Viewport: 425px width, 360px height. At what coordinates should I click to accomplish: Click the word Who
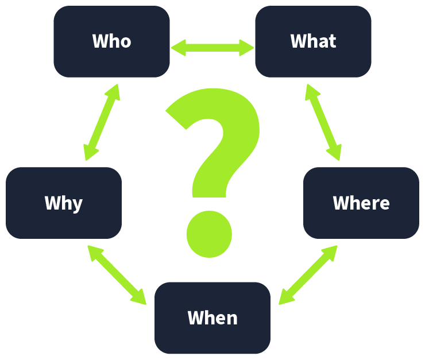coord(111,41)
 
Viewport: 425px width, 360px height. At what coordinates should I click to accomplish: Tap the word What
coord(313,41)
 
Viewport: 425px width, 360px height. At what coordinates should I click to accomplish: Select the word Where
coord(361,203)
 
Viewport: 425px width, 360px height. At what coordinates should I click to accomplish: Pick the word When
coord(212,318)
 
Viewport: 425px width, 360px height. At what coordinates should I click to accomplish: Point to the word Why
coord(64,203)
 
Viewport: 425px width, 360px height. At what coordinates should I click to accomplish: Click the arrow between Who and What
coord(212,48)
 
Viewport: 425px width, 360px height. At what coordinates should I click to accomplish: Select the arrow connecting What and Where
coord(323,122)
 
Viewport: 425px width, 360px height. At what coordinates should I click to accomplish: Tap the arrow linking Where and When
coord(308,275)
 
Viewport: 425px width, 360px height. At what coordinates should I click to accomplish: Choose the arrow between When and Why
coord(117,275)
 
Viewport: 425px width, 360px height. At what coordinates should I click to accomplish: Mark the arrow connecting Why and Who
coord(102,122)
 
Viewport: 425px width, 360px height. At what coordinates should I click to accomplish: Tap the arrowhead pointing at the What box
coord(247,48)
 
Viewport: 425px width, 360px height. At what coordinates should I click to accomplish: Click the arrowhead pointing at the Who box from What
coord(178,48)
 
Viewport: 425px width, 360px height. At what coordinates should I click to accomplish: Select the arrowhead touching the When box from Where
coord(285,298)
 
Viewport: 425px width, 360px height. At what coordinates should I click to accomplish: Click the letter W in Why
coord(51,203)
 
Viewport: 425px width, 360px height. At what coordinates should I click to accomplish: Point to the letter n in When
coord(231,319)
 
